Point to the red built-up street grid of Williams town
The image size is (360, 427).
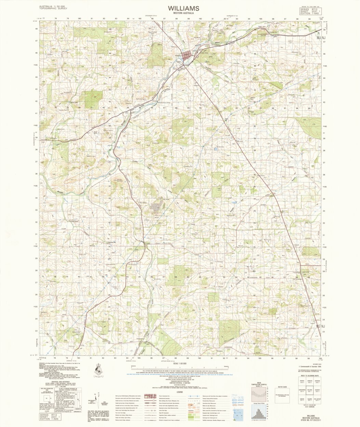pos(188,55)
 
